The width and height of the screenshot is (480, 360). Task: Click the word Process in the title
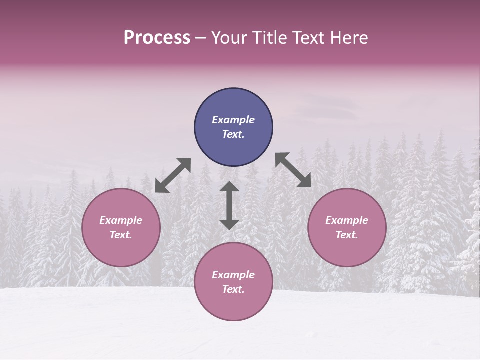157,38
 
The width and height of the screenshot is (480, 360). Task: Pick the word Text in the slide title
310,38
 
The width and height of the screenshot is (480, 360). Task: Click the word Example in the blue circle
233,120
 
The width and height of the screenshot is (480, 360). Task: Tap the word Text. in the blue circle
233,134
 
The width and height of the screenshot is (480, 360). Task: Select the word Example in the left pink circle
121,220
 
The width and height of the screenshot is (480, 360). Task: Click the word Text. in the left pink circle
121,235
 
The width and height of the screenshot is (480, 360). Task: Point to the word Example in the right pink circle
347,220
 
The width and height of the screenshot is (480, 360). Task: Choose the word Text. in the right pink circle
347,235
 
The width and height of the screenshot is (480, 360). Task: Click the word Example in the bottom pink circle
233,275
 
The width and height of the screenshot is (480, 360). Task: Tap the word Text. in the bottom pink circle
233,289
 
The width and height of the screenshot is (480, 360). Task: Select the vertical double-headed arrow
229,205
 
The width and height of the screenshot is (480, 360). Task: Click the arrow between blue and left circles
173,175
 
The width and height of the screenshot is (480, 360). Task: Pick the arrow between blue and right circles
293,170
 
